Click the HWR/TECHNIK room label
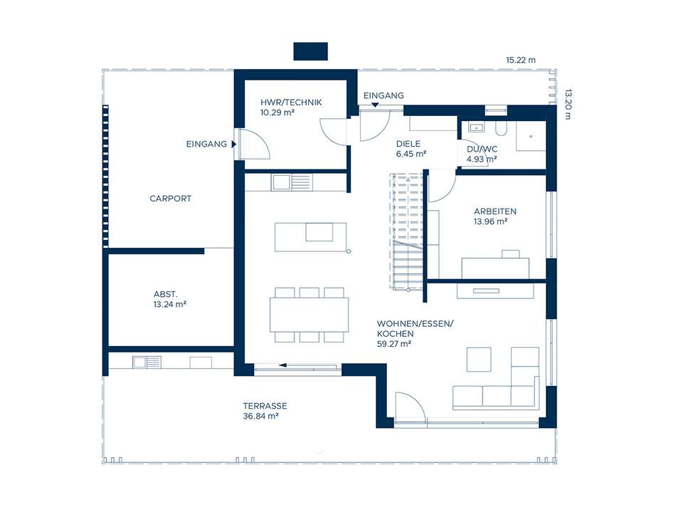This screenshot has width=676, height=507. click(x=291, y=103)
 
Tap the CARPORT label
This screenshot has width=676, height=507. click(x=170, y=199)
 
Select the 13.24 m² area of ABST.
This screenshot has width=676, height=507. click(x=170, y=304)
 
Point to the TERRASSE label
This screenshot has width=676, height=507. click(x=265, y=406)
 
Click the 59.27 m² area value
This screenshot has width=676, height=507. click(x=394, y=344)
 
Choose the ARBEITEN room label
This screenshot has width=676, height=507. click(x=495, y=211)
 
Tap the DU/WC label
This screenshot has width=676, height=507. click(x=482, y=150)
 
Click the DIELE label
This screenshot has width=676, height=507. click(x=408, y=144)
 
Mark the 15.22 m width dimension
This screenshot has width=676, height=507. click(x=521, y=60)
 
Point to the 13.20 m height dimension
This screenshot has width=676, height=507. click(x=568, y=105)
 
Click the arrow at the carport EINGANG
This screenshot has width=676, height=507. click(x=233, y=144)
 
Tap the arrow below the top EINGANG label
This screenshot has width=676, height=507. click(x=375, y=105)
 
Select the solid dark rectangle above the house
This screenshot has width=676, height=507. click(x=310, y=51)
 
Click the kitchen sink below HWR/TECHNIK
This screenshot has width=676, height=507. click(x=281, y=182)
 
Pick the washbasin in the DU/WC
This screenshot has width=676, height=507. click(x=476, y=127)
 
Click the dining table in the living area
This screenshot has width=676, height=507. click(x=309, y=315)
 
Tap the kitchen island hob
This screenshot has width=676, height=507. click(x=319, y=231)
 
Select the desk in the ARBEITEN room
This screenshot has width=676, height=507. click(x=495, y=268)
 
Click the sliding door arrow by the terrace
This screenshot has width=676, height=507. click(x=282, y=365)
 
